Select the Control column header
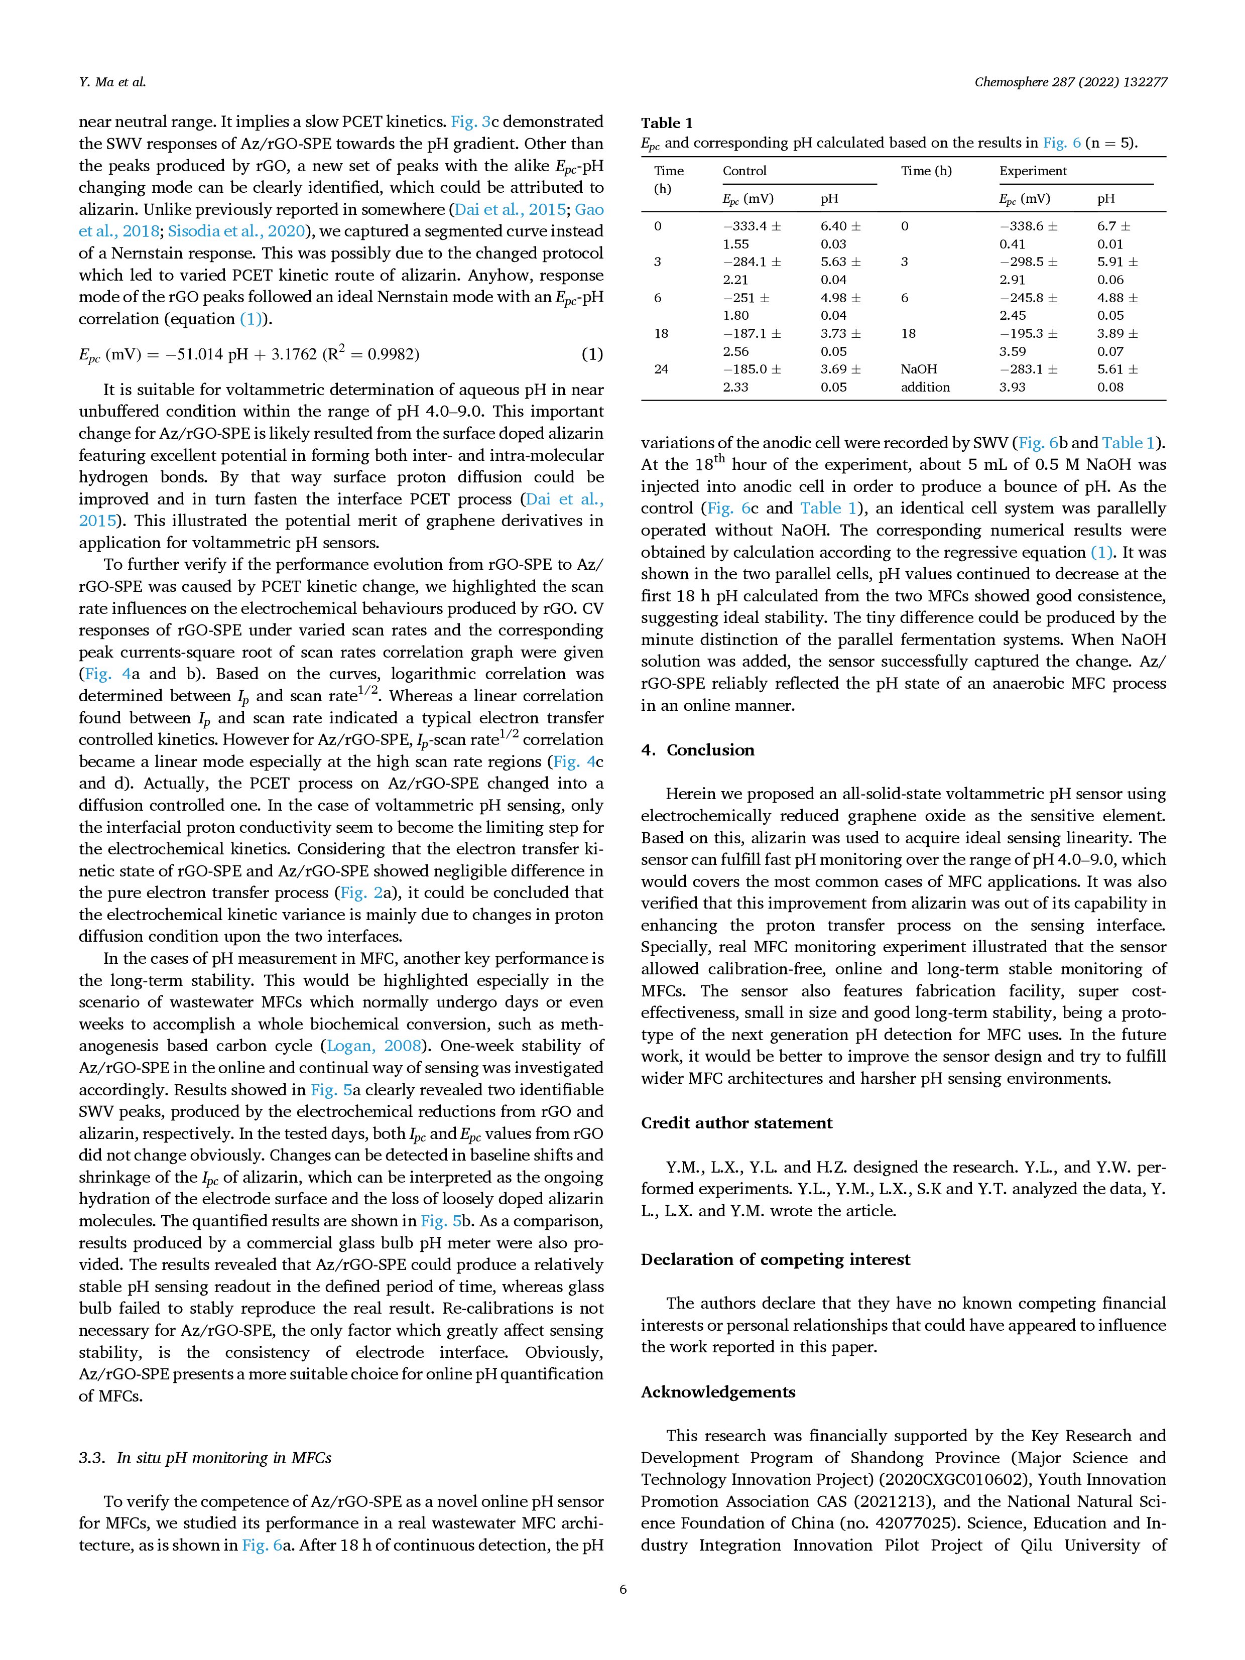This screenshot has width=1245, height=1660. (744, 171)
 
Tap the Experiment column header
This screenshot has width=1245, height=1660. (1033, 171)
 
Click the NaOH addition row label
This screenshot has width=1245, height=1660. (925, 378)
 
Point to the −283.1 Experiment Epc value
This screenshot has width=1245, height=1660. (1029, 369)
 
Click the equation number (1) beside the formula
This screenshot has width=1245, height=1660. (592, 354)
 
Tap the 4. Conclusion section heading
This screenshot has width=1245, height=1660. (697, 750)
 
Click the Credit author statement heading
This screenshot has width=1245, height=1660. (736, 1123)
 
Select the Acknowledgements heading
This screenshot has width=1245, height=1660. (717, 1392)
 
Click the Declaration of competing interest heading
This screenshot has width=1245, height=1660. (775, 1259)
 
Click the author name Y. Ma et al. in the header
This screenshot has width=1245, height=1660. (112, 82)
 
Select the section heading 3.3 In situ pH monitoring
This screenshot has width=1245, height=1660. (205, 1458)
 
